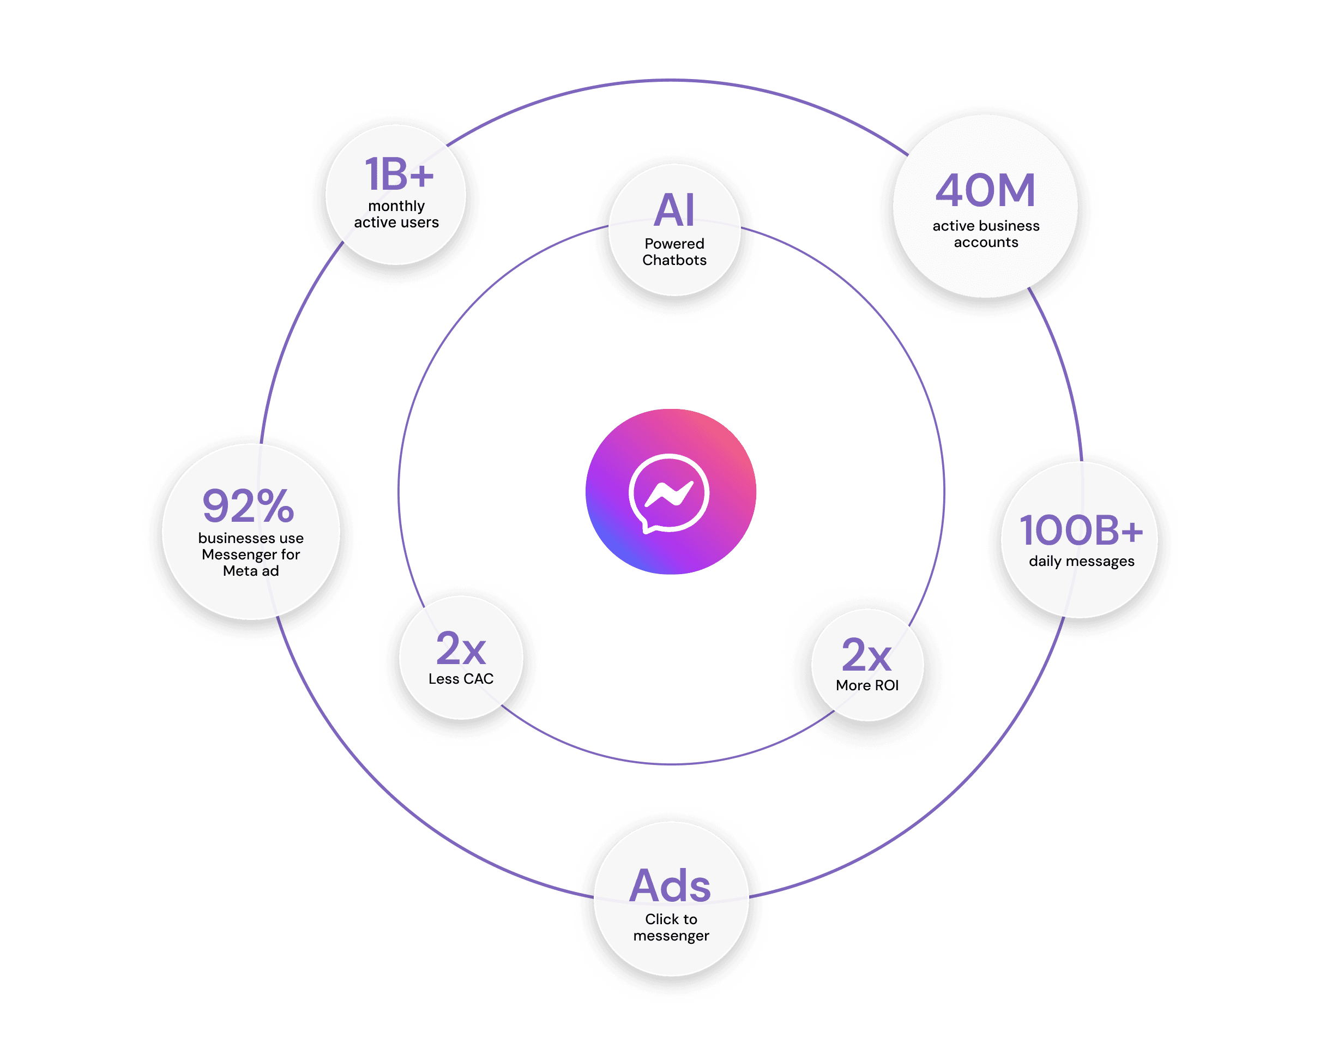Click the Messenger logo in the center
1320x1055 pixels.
tap(671, 491)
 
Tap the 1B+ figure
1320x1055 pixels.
tap(399, 174)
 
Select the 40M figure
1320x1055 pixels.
tap(985, 190)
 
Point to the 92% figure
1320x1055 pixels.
tap(249, 506)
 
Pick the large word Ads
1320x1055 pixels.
tap(671, 885)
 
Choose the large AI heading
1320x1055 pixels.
tap(674, 210)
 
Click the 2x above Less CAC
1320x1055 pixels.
tap(460, 648)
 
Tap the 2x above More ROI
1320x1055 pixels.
tap(866, 655)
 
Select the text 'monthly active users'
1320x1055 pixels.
tap(396, 214)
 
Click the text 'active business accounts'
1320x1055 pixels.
tap(986, 234)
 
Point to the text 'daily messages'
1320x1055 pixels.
tap(1081, 562)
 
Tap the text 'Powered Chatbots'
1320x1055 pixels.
tap(674, 252)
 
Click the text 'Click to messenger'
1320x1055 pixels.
tap(671, 927)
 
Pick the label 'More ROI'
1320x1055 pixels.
tap(867, 685)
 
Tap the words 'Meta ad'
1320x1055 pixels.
tap(250, 571)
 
